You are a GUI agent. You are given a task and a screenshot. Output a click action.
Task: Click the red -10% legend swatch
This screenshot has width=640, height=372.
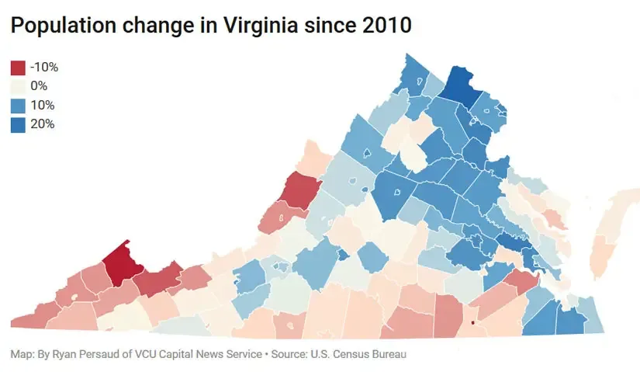(x=18, y=68)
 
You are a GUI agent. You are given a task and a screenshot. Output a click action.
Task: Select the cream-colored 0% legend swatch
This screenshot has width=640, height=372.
(x=18, y=87)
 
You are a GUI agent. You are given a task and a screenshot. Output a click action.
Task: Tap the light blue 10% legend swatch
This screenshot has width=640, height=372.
(x=18, y=106)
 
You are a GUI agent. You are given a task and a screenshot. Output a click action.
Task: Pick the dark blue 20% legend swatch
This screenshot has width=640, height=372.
(x=18, y=125)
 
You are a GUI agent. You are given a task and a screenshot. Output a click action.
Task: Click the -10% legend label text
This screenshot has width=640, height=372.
(x=44, y=67)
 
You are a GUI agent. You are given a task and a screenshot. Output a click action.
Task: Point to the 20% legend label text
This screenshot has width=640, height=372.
(x=43, y=123)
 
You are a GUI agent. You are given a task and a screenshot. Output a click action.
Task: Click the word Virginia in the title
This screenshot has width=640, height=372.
(x=261, y=26)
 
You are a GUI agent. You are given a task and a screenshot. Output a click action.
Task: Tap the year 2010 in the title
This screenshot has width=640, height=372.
(x=386, y=26)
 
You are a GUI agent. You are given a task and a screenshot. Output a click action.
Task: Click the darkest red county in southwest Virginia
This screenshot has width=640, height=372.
(x=123, y=264)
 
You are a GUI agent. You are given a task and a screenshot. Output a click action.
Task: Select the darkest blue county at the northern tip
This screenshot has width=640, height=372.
(x=456, y=85)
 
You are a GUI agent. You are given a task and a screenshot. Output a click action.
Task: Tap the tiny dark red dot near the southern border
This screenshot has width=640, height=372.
(x=472, y=323)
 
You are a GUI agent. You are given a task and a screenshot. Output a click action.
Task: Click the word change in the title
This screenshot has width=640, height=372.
(x=158, y=26)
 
